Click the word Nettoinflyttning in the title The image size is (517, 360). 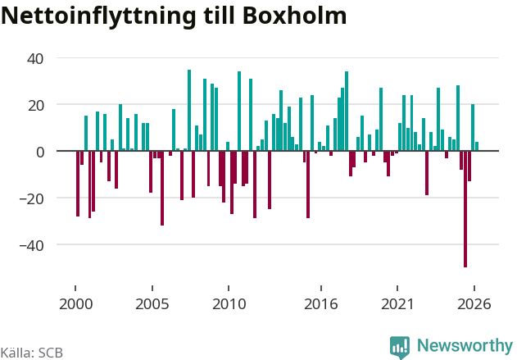pos(98,16)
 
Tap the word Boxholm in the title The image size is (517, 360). pos(295,16)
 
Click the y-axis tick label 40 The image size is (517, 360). pos(35,59)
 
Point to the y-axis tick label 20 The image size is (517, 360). pos(35,106)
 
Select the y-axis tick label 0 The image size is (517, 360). pos(40,152)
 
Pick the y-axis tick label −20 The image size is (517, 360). pos(32,199)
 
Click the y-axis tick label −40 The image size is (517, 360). pos(32,245)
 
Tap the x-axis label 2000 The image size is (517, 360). pos(76,304)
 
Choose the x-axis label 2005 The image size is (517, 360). pos(152,304)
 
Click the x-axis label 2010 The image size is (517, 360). pos(229,304)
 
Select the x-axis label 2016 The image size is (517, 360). pos(321,304)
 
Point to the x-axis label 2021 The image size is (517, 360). pos(397,304)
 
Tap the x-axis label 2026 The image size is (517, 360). pos(474,304)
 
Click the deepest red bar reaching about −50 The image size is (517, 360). pos(465,209)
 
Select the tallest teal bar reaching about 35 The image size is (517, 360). pos(189,110)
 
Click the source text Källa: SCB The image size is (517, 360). pos(32,353)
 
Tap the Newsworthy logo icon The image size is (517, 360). pos(400,347)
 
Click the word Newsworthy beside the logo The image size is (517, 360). pos(465,345)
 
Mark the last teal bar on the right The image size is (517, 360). pos(477,146)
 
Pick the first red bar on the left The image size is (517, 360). pos(78,184)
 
